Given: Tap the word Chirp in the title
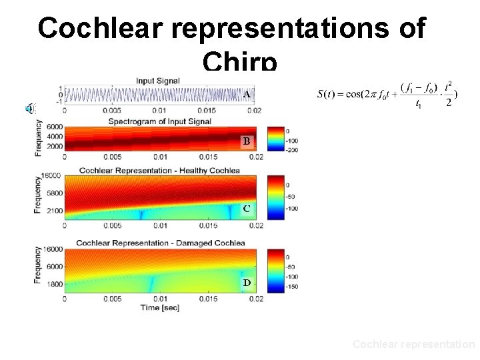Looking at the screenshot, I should tap(239, 61).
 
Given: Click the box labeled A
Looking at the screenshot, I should tap(247, 95).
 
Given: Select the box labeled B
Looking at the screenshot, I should tap(247, 141).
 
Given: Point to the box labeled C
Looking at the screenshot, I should tap(247, 209).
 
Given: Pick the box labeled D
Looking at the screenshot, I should tap(247, 283).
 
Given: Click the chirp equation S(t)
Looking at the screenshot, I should tap(387, 93).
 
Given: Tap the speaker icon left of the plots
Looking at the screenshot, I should tap(29, 109).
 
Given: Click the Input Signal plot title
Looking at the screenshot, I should tap(158, 81).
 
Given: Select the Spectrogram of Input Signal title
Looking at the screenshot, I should tap(160, 121).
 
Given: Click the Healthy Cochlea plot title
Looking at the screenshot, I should tap(159, 171).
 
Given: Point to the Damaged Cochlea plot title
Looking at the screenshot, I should tap(160, 243).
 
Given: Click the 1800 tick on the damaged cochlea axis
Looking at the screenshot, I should tap(53, 284).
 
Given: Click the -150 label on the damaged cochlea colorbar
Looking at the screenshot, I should tap(292, 287).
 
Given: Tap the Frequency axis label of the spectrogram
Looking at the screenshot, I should tap(39, 138).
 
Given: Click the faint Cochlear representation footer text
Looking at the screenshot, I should tap(413, 344).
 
